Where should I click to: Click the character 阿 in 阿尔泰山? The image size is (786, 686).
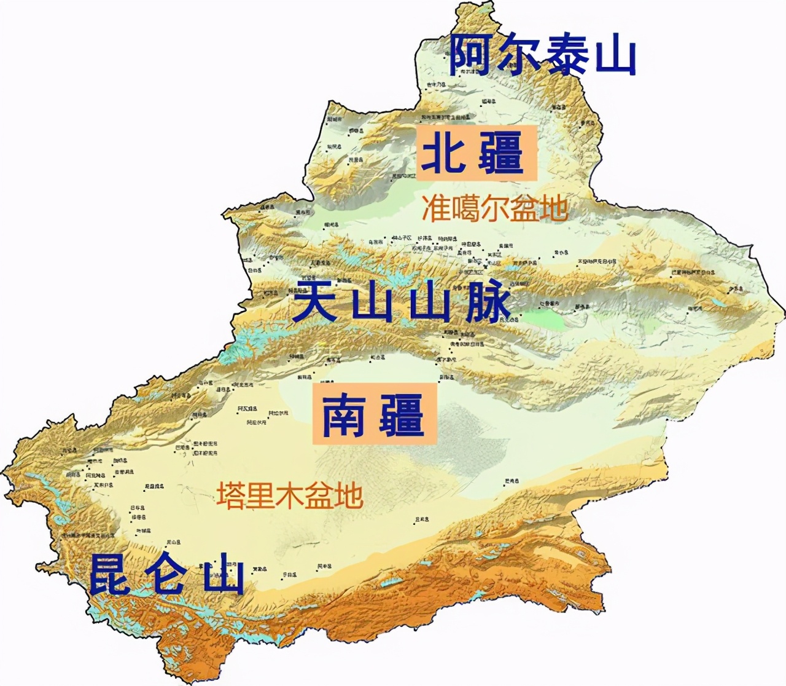click(x=471, y=55)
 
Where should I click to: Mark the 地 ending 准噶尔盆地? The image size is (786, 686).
click(x=553, y=208)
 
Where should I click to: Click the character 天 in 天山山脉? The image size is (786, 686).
click(x=316, y=301)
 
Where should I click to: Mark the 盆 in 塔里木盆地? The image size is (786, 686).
click(x=319, y=495)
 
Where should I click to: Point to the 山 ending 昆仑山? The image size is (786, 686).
click(x=223, y=574)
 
